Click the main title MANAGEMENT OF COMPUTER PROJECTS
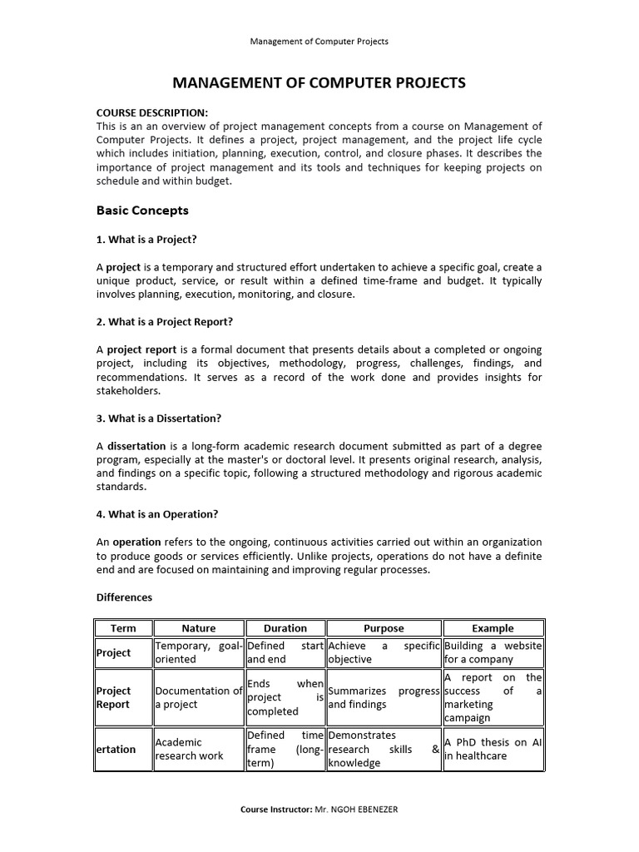[x=319, y=83]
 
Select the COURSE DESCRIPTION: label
[x=152, y=112]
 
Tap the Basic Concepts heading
[x=142, y=211]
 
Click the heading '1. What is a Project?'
[x=146, y=240]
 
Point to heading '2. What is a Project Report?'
[x=165, y=321]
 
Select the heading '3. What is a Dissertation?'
[x=159, y=418]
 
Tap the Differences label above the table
[x=125, y=597]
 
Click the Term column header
[x=124, y=628]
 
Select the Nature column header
[x=198, y=628]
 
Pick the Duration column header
[x=285, y=628]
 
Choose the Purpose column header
[x=384, y=628]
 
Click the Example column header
[x=493, y=628]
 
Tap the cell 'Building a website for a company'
[x=493, y=652]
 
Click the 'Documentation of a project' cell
[x=198, y=697]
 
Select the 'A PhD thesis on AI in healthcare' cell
[x=493, y=749]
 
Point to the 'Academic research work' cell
[x=198, y=749]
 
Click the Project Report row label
[x=114, y=697]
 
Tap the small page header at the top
[x=319, y=41]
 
